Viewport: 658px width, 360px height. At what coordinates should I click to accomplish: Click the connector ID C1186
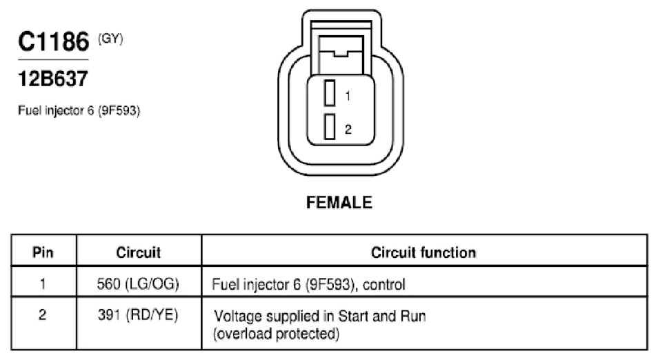coord(54,41)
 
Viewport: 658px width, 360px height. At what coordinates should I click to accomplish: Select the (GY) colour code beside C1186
coord(110,39)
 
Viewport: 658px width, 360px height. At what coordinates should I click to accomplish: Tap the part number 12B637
coord(53,79)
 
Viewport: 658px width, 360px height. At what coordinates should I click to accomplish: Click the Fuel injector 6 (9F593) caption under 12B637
coord(79,111)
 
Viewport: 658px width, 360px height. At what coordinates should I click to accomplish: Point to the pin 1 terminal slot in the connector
coord(330,92)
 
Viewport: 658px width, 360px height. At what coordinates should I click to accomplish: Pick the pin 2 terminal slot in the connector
coord(330,127)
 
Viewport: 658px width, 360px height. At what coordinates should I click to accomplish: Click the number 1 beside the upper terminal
coord(348,96)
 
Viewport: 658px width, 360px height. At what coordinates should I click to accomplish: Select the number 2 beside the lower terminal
coord(348,129)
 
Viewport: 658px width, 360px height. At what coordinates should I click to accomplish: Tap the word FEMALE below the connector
coord(339,203)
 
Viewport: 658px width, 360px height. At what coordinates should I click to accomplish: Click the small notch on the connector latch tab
coord(340,53)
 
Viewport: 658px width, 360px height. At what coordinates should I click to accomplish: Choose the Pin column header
coord(43,252)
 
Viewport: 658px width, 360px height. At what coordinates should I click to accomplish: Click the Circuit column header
coord(139,252)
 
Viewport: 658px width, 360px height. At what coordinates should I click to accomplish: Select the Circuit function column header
coord(423,252)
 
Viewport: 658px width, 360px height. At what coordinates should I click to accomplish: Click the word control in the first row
coord(384,284)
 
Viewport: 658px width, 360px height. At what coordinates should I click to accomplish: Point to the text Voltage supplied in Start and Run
coord(320,316)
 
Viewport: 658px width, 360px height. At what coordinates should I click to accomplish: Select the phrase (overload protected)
coord(276,334)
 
